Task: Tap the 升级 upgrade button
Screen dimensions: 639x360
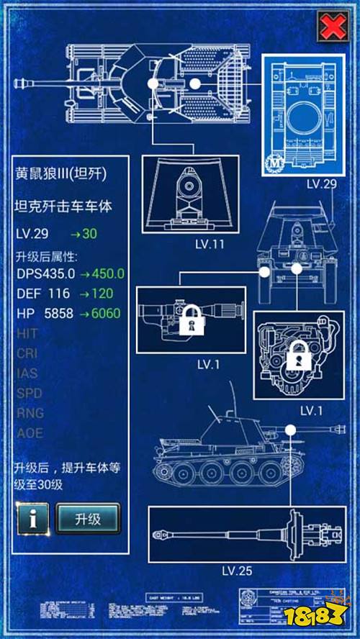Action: pos(88,518)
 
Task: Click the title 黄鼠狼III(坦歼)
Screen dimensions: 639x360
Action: pos(57,174)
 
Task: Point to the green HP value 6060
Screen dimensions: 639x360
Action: pos(101,313)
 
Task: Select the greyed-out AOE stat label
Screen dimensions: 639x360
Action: pos(29,433)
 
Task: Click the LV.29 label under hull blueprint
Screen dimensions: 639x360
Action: pos(321,184)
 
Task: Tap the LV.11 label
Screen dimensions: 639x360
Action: pos(210,244)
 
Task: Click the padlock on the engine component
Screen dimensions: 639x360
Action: pos(298,355)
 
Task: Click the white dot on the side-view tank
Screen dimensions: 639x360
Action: pos(291,430)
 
